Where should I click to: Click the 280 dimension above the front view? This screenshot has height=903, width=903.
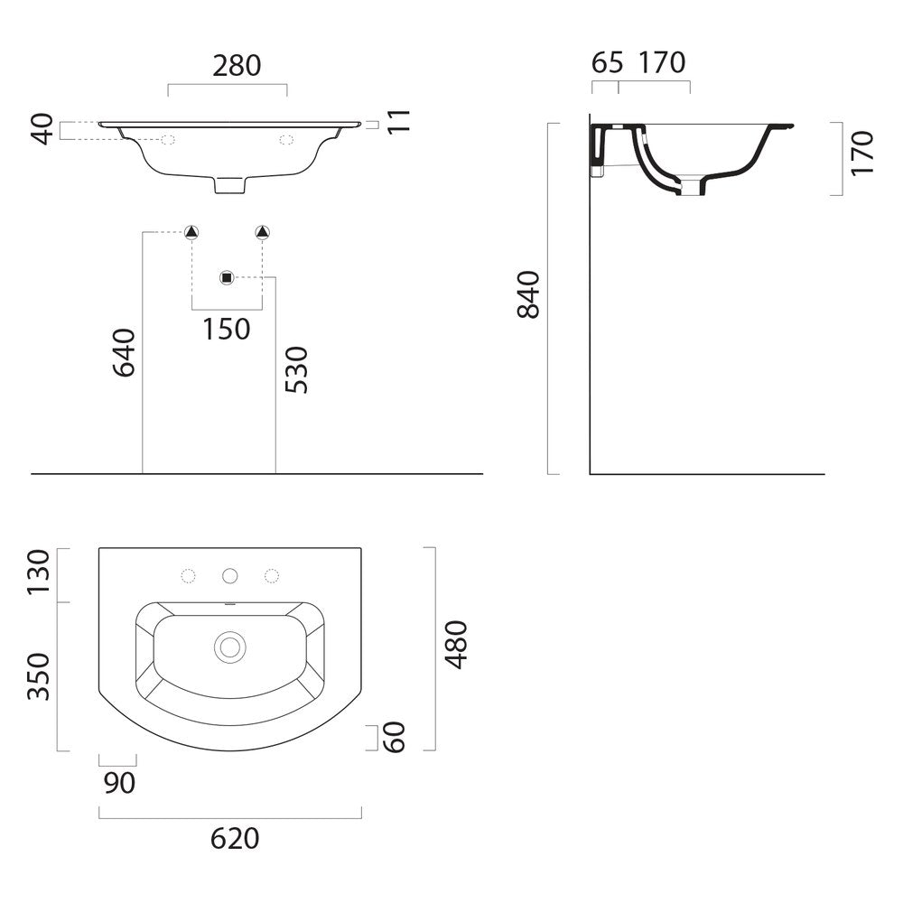point(237,65)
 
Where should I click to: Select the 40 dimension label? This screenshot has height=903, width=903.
point(43,129)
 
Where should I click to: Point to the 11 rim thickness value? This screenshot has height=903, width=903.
point(398,122)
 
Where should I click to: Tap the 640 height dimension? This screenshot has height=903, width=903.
point(124,352)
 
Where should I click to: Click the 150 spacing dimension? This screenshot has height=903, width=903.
point(227,330)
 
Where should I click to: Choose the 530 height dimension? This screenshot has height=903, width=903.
point(297,370)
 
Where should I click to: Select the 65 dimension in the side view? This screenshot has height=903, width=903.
point(607,62)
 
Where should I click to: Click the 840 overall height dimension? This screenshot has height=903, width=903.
point(528,294)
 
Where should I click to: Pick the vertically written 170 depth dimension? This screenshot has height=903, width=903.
point(862,153)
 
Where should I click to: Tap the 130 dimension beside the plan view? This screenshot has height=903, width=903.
point(39,573)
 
